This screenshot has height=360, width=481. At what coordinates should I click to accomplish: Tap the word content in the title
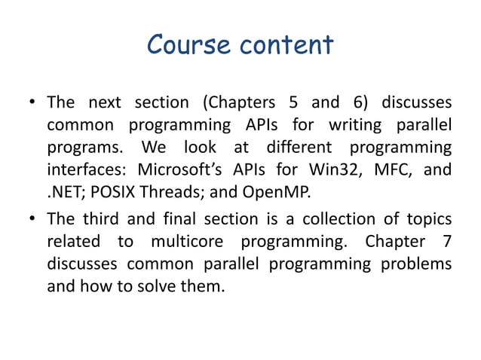coord(285,45)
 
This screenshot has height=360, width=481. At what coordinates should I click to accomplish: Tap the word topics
coord(430,219)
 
